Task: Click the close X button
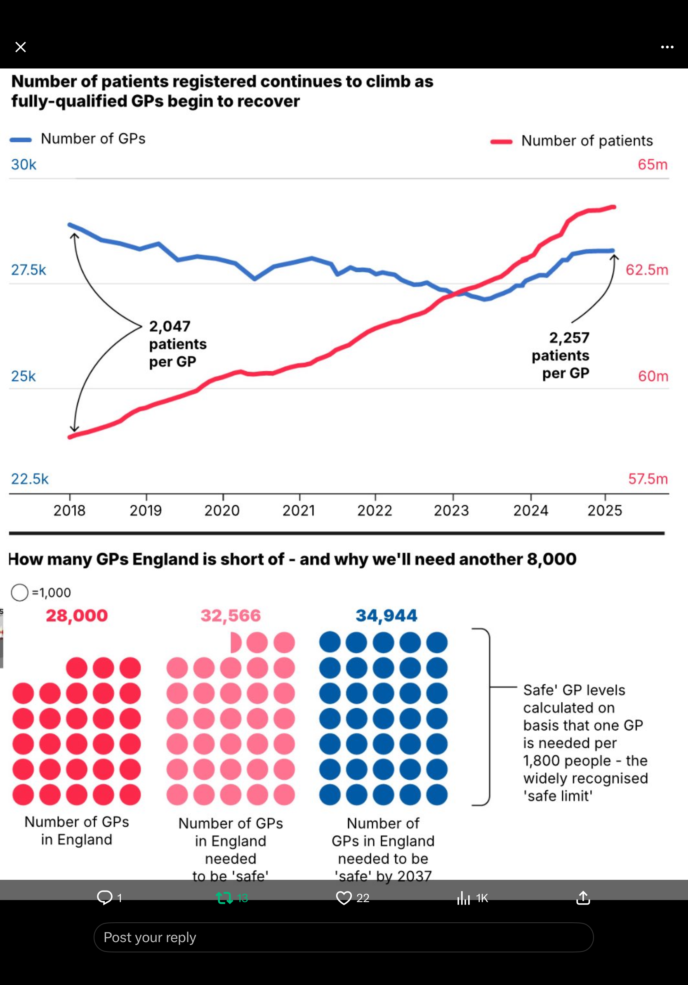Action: click(21, 47)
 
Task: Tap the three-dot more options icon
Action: click(667, 47)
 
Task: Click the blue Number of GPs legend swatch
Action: click(21, 140)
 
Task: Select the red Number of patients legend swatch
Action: click(501, 141)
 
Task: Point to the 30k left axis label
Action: click(24, 164)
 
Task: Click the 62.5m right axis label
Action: click(646, 270)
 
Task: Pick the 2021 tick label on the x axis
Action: click(299, 511)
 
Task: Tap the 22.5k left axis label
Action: click(30, 479)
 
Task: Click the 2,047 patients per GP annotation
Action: click(178, 344)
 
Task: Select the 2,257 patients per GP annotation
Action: click(561, 355)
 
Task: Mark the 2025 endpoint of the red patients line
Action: click(614, 207)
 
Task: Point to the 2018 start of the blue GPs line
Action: click(70, 224)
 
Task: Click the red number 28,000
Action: click(77, 615)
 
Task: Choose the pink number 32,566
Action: click(230, 615)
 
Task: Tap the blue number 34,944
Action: click(386, 615)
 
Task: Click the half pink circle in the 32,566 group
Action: click(236, 643)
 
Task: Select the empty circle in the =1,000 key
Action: click(20, 592)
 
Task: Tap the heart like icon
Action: click(344, 898)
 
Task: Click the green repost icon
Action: click(224, 898)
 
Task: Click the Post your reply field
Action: click(343, 938)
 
